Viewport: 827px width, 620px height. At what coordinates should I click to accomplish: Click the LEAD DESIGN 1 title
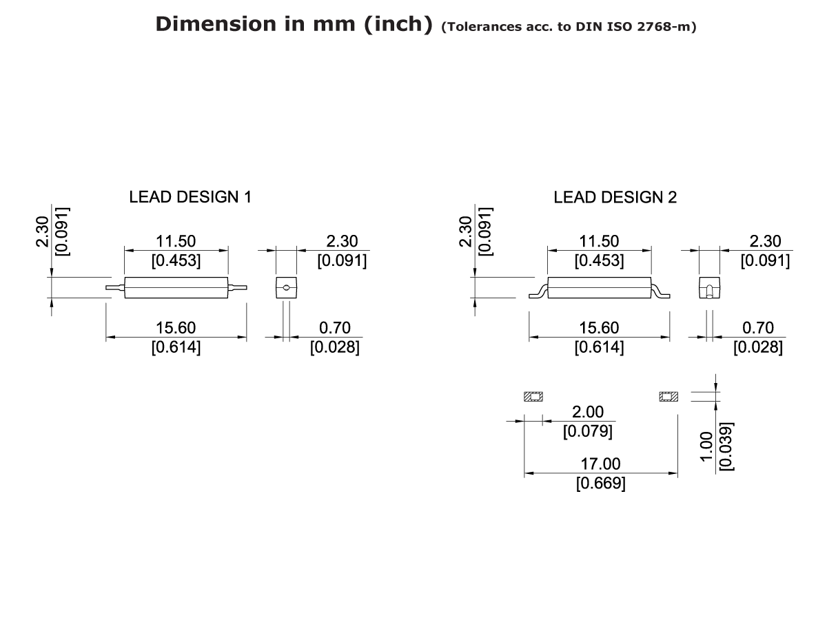(190, 197)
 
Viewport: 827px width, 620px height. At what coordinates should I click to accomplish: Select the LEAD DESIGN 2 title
(615, 197)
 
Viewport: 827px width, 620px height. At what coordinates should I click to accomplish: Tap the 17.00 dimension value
(600, 464)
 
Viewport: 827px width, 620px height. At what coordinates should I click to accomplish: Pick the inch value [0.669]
(600, 483)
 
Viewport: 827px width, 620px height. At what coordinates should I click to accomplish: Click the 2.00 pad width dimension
(587, 412)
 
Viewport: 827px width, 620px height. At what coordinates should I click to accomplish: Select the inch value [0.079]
(587, 431)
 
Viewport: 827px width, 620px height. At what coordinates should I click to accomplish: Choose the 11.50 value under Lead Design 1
(176, 241)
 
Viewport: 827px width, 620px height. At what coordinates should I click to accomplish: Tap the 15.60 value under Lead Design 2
(599, 328)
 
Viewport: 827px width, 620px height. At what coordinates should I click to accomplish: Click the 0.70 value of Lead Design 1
(336, 328)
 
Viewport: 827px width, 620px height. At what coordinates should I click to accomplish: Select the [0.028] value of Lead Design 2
(758, 347)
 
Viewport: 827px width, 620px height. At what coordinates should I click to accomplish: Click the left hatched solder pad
(533, 397)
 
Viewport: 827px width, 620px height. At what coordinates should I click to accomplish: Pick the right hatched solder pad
(668, 397)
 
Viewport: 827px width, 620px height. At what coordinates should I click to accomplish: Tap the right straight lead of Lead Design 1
(237, 287)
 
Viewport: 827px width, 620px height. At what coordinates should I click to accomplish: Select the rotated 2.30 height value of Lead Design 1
(43, 231)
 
